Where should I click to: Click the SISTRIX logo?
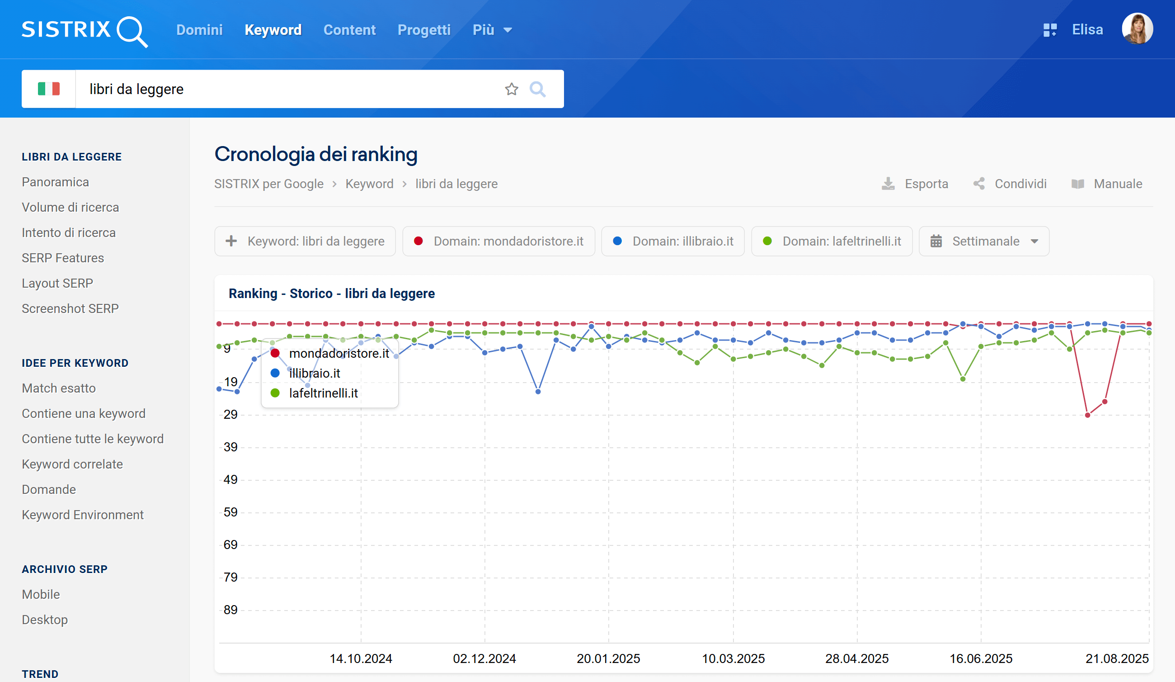(x=85, y=30)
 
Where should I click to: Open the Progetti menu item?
(x=424, y=30)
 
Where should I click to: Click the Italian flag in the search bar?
(x=48, y=89)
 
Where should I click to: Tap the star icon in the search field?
(x=512, y=89)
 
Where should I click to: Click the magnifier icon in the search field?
(x=537, y=89)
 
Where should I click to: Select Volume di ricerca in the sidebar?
(x=70, y=207)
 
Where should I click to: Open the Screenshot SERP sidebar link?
(x=70, y=308)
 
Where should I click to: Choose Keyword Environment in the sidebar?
(x=83, y=515)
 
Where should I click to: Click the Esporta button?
(x=915, y=184)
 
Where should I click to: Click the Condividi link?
(x=1010, y=184)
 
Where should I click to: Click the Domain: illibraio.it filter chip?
(x=673, y=241)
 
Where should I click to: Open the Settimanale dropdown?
(x=984, y=241)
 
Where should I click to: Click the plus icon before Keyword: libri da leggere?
(x=231, y=241)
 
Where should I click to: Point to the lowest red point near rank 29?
(x=1087, y=415)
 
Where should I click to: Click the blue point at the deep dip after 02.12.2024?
(x=538, y=392)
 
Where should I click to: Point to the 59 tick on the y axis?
(x=230, y=512)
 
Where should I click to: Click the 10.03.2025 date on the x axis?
(x=733, y=658)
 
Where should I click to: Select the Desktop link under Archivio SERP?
(x=45, y=620)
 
